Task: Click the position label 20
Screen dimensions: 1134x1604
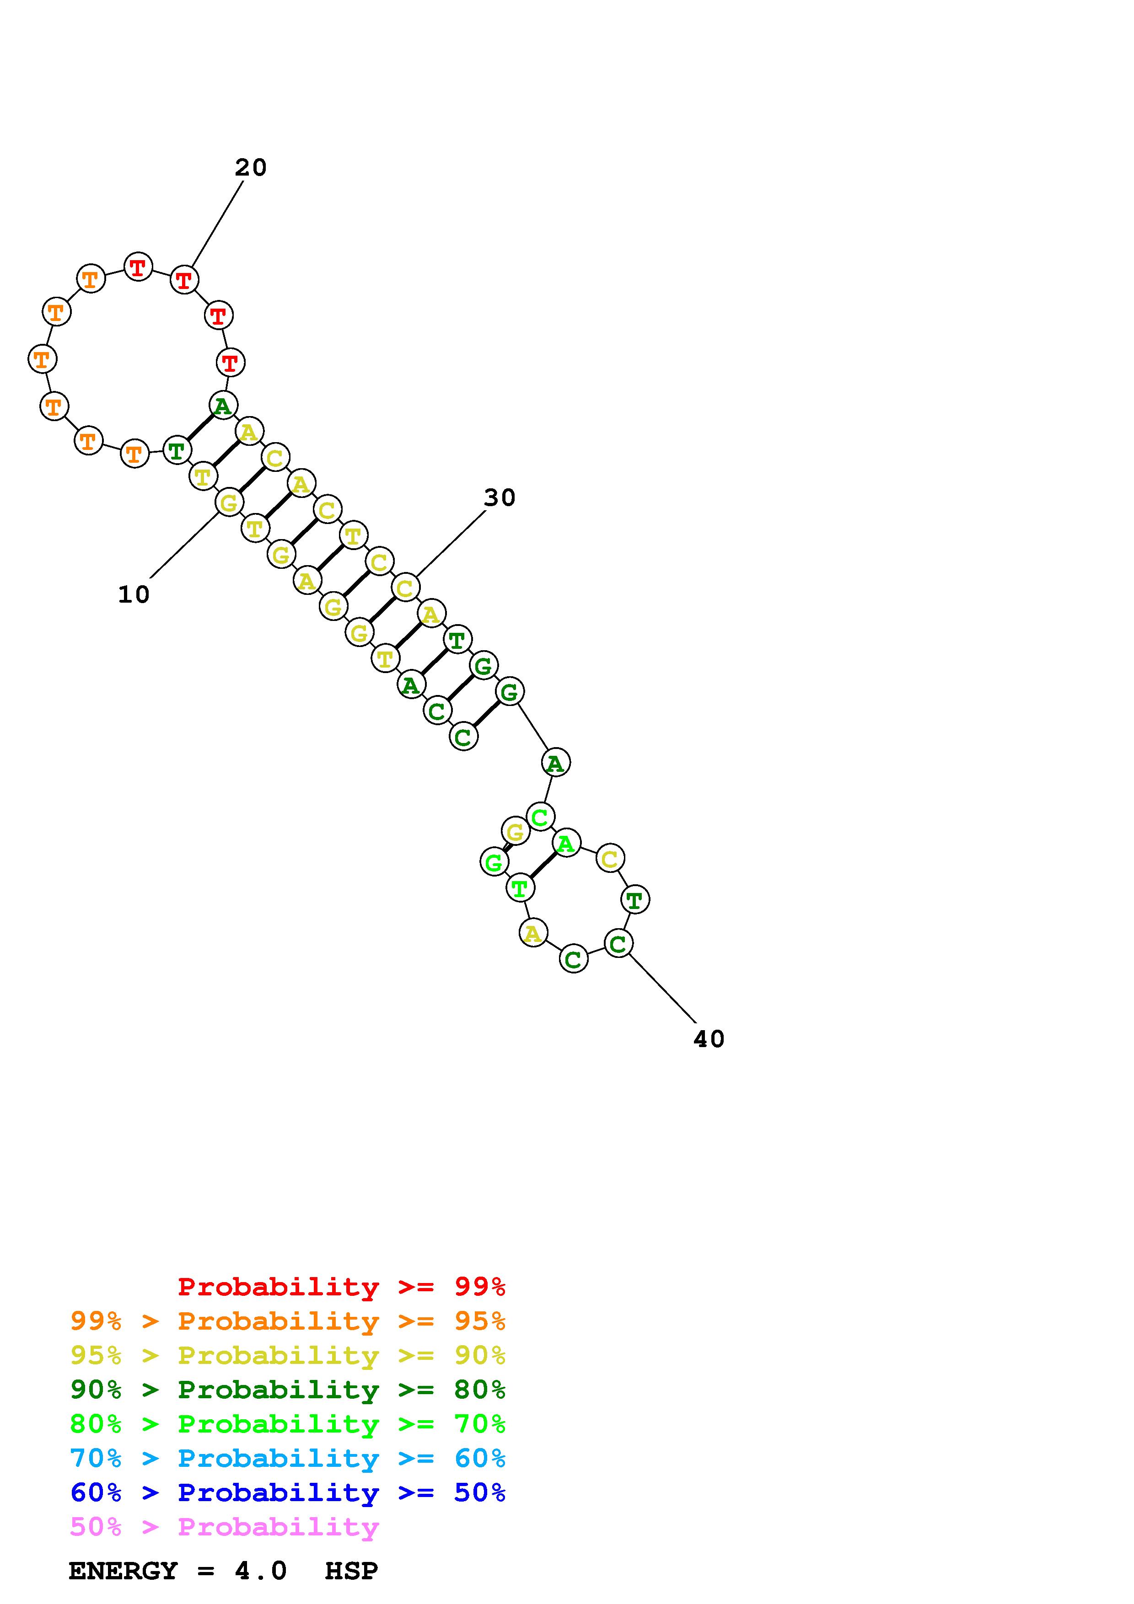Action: click(x=251, y=168)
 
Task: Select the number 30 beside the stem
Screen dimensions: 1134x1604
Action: click(x=500, y=497)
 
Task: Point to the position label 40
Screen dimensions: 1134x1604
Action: click(x=709, y=1039)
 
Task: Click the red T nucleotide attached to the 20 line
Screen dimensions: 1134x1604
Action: click(x=184, y=280)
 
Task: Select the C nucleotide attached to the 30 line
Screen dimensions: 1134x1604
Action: click(x=405, y=588)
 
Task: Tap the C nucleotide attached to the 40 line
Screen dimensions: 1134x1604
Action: click(x=618, y=944)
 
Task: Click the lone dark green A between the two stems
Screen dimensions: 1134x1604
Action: click(x=555, y=762)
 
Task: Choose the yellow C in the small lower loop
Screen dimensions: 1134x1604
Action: click(x=610, y=859)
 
